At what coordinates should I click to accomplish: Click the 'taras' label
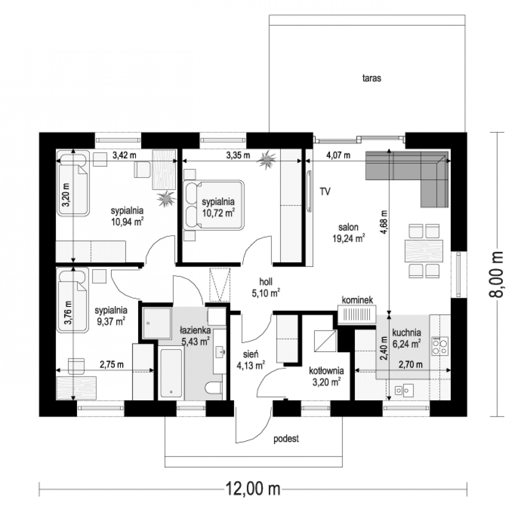click(372, 78)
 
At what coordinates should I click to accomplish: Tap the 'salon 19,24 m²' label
click(348, 233)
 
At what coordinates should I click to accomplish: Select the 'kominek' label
click(357, 300)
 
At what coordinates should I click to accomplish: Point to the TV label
click(325, 191)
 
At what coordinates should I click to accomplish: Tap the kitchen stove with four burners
click(440, 346)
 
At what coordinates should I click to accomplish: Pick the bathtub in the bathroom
click(171, 373)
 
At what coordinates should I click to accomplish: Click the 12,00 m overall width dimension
click(253, 489)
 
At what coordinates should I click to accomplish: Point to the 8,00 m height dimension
click(496, 275)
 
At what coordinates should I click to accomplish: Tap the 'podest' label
click(286, 439)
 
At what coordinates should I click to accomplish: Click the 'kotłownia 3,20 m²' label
click(327, 376)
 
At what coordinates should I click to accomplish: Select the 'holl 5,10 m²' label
click(266, 287)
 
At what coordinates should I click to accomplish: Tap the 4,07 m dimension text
click(338, 155)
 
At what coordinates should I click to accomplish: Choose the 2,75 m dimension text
click(112, 364)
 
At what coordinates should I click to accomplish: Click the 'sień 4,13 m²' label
click(250, 360)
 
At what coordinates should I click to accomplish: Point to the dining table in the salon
click(424, 251)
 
